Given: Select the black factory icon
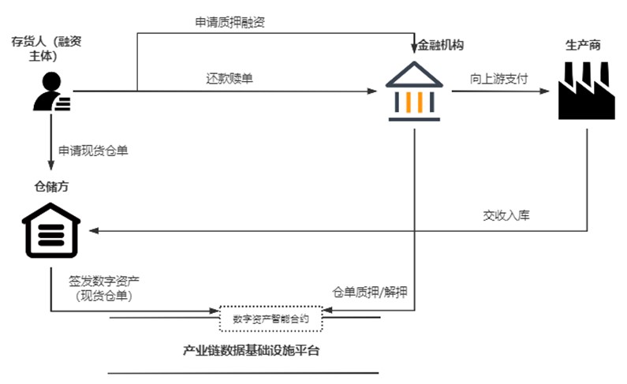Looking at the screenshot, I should tap(585, 91).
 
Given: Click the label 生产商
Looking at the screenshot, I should tap(583, 45).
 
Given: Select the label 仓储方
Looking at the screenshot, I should tap(52, 187).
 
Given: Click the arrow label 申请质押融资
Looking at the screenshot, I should tap(230, 22).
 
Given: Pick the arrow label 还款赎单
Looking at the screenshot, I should tap(230, 78).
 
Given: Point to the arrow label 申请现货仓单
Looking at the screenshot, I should tap(92, 149).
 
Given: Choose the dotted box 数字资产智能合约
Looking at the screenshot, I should tap(271, 319).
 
